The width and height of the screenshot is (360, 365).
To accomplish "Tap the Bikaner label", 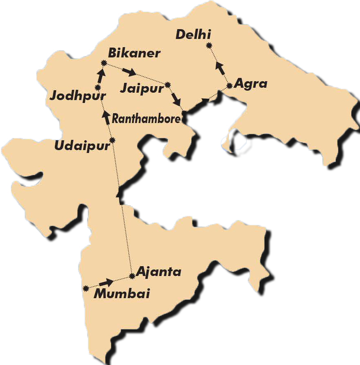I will coord(134,53).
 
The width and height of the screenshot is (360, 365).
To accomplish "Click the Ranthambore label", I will coord(146,119).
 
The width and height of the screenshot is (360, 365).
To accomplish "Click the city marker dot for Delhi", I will coord(209,45).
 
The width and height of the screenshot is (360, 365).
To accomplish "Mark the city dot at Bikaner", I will coord(103,63).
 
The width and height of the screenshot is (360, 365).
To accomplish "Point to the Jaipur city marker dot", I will coord(167,85).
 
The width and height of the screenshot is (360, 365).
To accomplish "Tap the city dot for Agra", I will coord(229,85).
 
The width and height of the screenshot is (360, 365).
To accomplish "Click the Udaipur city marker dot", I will coord(112,140).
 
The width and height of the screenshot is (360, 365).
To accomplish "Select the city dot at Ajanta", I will coord(132,276).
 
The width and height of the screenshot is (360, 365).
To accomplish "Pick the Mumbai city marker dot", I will coord(86,288).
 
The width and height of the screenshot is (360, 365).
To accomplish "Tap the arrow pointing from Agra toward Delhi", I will coord(220,67).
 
